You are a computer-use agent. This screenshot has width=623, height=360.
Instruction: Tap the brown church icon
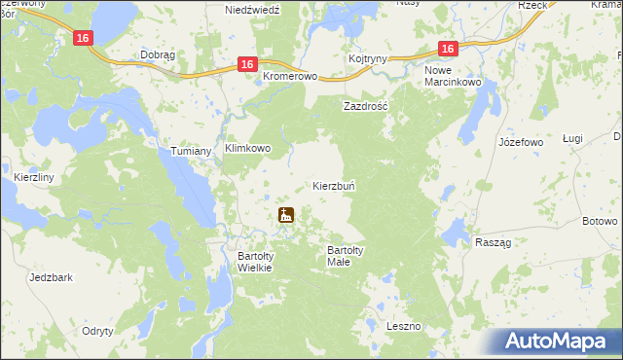point(286,215)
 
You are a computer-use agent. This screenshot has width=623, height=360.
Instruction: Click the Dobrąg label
point(158,55)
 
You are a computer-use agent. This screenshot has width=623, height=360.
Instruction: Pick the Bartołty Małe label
point(346,256)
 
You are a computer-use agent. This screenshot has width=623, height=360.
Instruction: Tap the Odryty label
point(97,331)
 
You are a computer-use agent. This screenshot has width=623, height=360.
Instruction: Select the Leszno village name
point(402,326)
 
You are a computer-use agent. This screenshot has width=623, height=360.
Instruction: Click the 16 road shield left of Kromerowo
point(247,64)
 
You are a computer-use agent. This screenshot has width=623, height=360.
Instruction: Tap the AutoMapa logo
point(558,341)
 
